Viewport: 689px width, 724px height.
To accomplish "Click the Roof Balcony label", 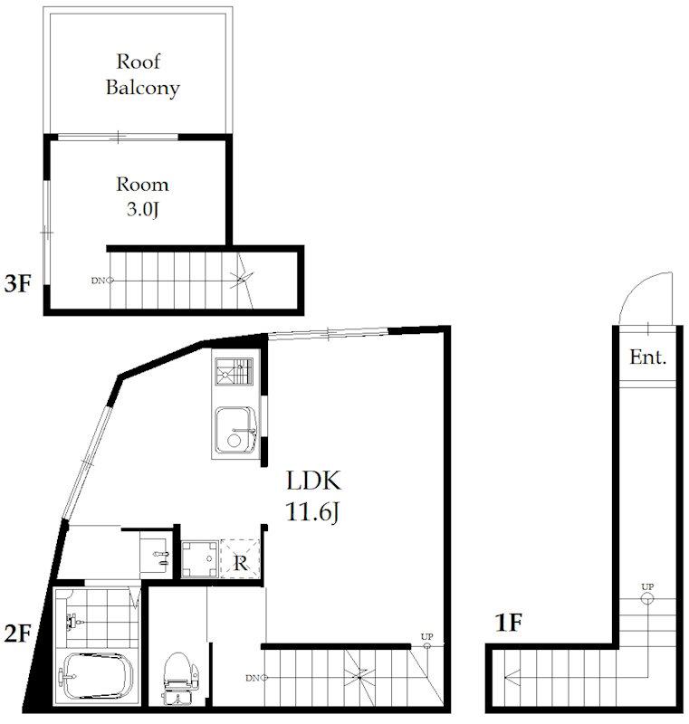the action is (142, 74).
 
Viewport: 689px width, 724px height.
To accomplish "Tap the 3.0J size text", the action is (143, 209).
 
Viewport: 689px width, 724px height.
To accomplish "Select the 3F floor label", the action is (17, 283).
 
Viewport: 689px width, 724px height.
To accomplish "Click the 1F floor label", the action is (509, 623).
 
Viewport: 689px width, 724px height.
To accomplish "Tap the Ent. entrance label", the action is (648, 357).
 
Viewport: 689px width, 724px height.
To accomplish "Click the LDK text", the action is (313, 481).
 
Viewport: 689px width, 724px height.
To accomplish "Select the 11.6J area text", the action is (312, 512).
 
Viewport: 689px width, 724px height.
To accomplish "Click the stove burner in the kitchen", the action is (234, 372).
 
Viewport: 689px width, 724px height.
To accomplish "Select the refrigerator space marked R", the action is (240, 558).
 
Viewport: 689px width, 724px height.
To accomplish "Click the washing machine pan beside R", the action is (200, 558).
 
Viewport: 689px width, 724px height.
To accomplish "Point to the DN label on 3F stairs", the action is (98, 281).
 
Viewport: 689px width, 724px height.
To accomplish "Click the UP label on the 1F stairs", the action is (647, 586).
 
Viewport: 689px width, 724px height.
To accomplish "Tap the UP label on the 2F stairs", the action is (426, 636).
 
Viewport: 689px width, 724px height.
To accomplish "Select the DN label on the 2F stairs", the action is (253, 678).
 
